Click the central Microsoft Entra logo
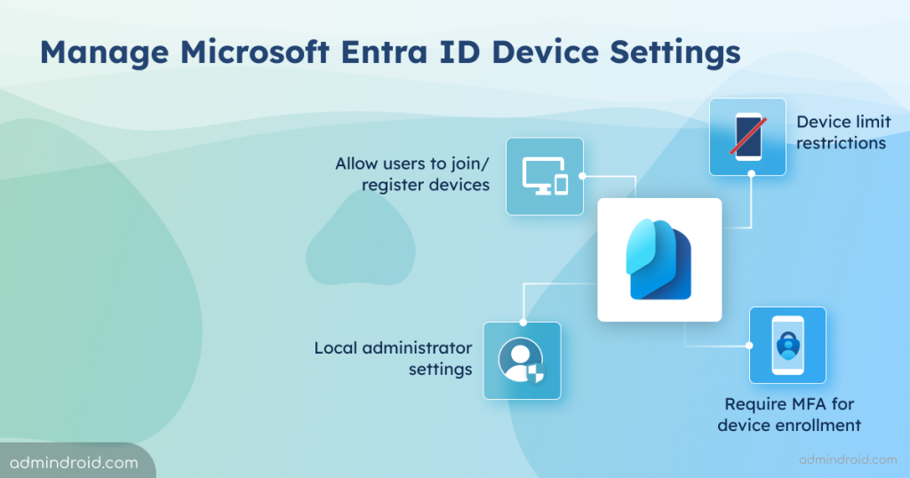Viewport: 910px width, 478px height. pyautogui.click(x=659, y=259)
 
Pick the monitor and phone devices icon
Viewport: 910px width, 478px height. pyautogui.click(x=545, y=176)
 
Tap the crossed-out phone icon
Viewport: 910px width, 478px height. pyautogui.click(x=747, y=137)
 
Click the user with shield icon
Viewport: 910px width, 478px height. pyautogui.click(x=522, y=360)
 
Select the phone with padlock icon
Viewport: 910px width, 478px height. pyautogui.click(x=787, y=345)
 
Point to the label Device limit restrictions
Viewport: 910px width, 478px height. pyautogui.click(x=841, y=132)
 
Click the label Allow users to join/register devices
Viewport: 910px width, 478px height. pyautogui.click(x=411, y=174)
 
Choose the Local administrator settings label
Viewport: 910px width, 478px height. pyautogui.click(x=393, y=357)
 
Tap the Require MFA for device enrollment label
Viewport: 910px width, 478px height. pyautogui.click(x=789, y=414)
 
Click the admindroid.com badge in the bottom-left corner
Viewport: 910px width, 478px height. pyautogui.click(x=75, y=462)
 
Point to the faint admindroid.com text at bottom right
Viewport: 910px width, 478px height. pyautogui.click(x=847, y=459)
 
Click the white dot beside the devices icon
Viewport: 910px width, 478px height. pyautogui.click(x=583, y=176)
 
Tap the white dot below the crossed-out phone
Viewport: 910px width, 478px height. pyautogui.click(x=751, y=174)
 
